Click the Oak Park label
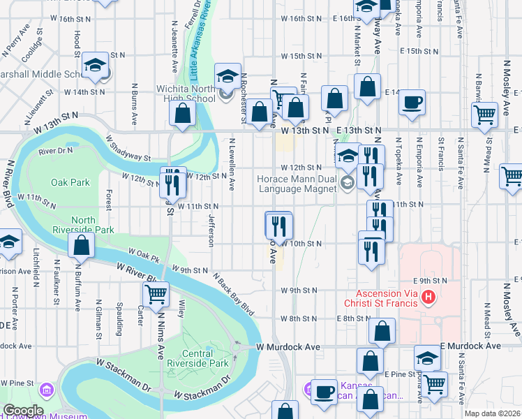point(70,182)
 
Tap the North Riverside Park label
point(93,225)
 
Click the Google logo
point(22,411)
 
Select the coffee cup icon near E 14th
point(411,102)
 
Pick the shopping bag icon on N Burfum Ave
point(82,245)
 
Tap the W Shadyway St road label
point(128,148)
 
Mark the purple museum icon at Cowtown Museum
point(46,388)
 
